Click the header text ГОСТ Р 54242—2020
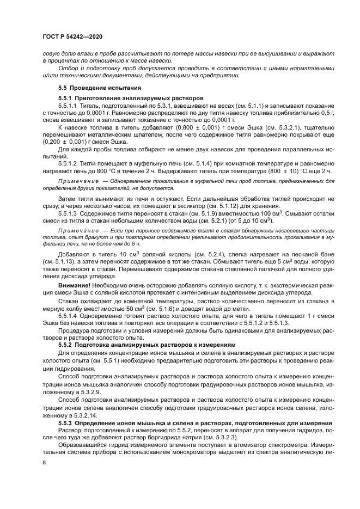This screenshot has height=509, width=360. point(72,36)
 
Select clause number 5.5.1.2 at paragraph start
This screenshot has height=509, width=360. point(68,163)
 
